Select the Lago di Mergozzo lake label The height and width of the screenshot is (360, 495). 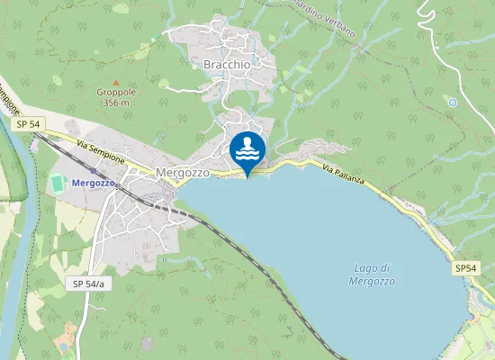[x=371, y=274]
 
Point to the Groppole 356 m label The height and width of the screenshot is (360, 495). [x=115, y=97]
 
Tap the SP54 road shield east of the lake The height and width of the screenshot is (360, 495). [x=465, y=268]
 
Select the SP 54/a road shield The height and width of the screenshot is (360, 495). [x=87, y=283]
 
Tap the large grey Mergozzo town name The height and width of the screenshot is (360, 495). [x=183, y=172]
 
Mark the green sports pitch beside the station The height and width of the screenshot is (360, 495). [x=58, y=183]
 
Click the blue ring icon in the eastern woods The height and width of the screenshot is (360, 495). [x=452, y=103]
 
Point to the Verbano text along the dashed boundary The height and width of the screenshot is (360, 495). [x=337, y=26]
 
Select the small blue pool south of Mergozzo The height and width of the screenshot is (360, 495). [x=63, y=345]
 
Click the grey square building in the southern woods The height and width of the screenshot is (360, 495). [x=147, y=344]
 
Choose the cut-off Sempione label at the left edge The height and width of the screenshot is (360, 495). [x=9, y=99]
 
